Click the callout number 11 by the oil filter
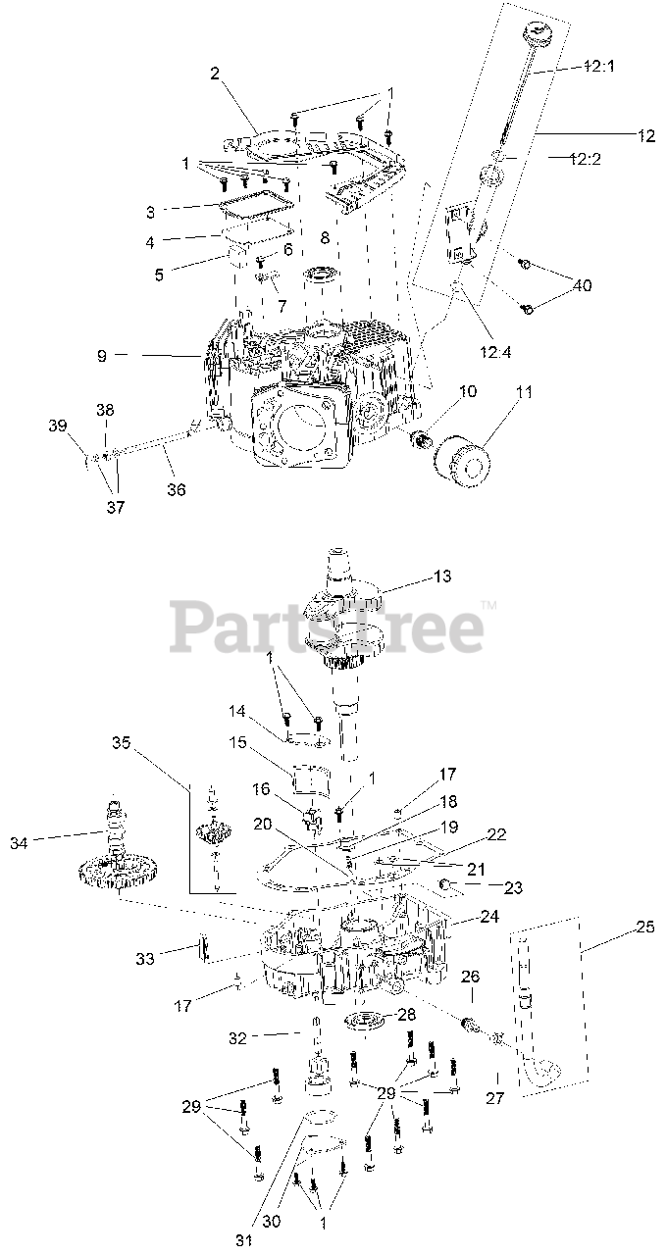point(523,391)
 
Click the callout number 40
point(582,285)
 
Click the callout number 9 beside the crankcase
point(101,355)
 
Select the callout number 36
point(176,489)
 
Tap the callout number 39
point(57,426)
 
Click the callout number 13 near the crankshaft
point(441,576)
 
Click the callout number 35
point(121,742)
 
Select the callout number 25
point(644,927)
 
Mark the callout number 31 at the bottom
point(243,1240)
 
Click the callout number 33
point(144,959)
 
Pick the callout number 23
point(512,887)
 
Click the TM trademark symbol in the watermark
point(488,605)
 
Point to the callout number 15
point(237,742)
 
